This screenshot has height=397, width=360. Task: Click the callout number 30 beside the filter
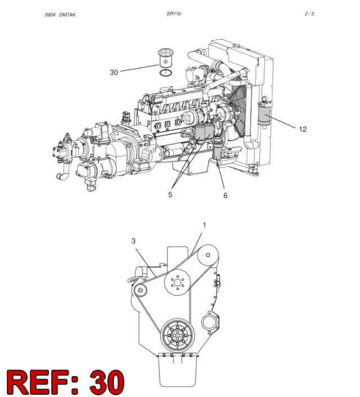point(114,73)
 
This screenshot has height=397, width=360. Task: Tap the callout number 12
point(303,129)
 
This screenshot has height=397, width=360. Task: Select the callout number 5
point(170,194)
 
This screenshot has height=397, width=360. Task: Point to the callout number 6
point(225,195)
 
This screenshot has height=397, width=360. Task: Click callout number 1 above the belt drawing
point(204,225)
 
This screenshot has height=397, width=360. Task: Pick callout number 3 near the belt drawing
point(133,241)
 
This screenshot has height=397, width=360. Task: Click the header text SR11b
point(174,14)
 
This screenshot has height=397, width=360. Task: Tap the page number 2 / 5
point(309,14)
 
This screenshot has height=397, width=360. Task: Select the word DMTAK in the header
point(67,15)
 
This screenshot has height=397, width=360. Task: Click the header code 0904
point(50,15)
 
